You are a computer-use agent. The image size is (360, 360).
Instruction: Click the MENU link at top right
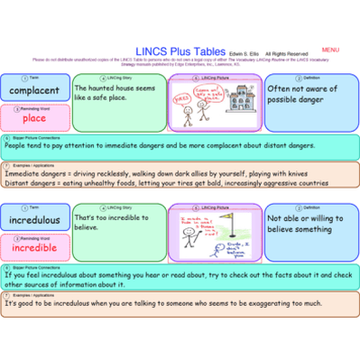329,50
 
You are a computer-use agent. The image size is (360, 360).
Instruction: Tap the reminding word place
34,117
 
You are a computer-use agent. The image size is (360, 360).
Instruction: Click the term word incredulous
35,219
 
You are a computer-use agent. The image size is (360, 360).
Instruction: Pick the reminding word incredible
35,247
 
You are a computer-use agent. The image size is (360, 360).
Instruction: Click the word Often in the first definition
281,88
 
